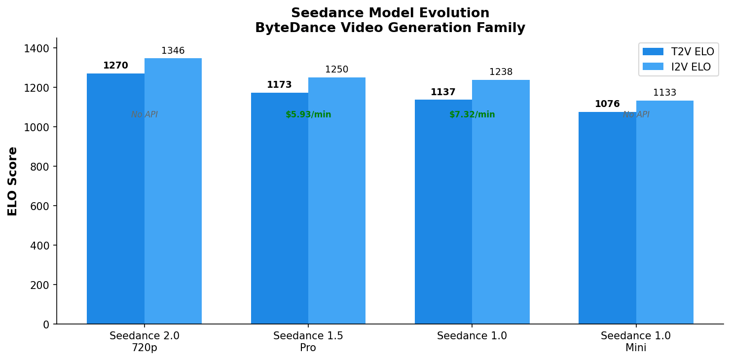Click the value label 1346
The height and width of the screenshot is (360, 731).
(173, 51)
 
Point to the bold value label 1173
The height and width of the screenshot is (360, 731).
(279, 85)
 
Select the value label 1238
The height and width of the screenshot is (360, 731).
(501, 72)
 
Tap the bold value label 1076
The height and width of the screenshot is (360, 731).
(607, 104)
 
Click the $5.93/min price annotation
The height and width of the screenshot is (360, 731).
(308, 115)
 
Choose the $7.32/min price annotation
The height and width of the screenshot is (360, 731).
(472, 115)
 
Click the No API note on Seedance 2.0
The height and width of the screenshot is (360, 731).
(145, 115)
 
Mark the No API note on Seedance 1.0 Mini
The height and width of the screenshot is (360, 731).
(636, 115)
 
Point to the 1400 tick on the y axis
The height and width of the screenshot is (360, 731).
(40, 48)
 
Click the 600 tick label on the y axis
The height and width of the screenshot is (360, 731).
(42, 206)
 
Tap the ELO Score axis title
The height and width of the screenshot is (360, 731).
(13, 181)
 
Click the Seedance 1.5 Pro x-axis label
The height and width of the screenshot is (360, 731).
(308, 342)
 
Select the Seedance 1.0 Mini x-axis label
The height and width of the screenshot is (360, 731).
(636, 342)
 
